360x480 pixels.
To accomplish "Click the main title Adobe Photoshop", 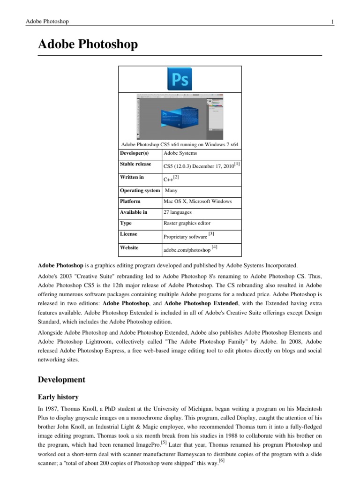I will click(x=88, y=45).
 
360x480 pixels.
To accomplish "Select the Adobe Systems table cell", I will click(x=180, y=153).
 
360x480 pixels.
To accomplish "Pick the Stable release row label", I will click(x=135, y=165).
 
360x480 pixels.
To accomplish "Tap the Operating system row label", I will click(x=140, y=190).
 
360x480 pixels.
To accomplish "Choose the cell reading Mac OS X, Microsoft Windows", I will click(x=197, y=201).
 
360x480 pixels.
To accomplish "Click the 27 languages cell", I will click(x=177, y=212).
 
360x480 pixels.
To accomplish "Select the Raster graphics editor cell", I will click(x=187, y=224).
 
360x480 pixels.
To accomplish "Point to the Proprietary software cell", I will click(x=185, y=237).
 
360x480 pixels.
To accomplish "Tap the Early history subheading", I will click(x=58, y=396).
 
